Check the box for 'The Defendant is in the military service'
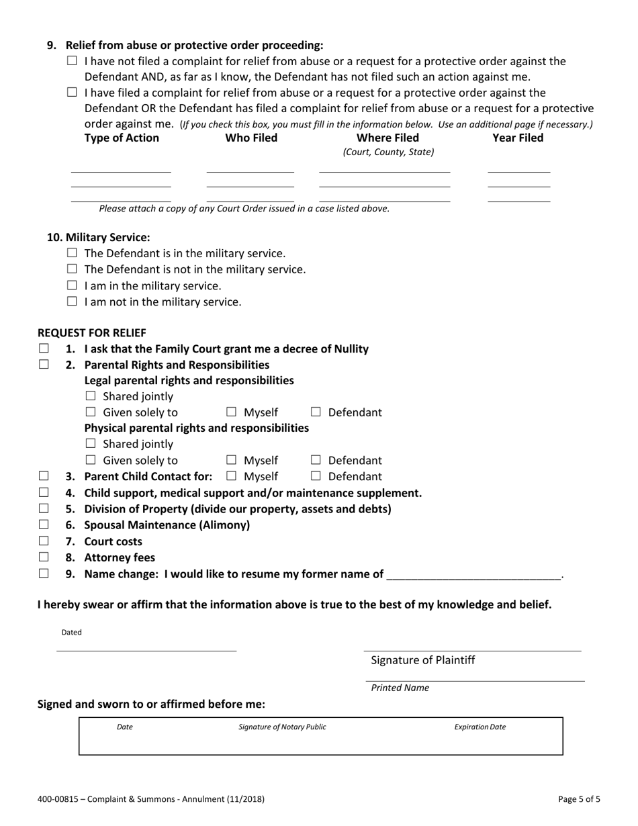[73, 253]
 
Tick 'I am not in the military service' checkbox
[73, 302]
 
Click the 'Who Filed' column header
[250, 138]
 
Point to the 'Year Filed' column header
[518, 138]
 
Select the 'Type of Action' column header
[122, 138]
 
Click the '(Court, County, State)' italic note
[388, 152]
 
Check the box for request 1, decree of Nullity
[44, 349]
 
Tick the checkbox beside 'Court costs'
[44, 541]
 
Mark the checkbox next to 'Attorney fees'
[44, 557]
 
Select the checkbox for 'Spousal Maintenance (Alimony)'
[44, 524]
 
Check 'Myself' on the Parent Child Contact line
[231, 476]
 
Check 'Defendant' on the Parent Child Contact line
[316, 476]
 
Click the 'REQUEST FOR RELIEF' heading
[91, 332]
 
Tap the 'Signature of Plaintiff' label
[423, 660]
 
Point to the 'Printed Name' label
[400, 688]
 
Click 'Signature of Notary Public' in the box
[282, 727]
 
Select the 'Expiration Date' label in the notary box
[480, 727]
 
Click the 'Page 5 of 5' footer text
[579, 799]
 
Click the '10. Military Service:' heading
[98, 237]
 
